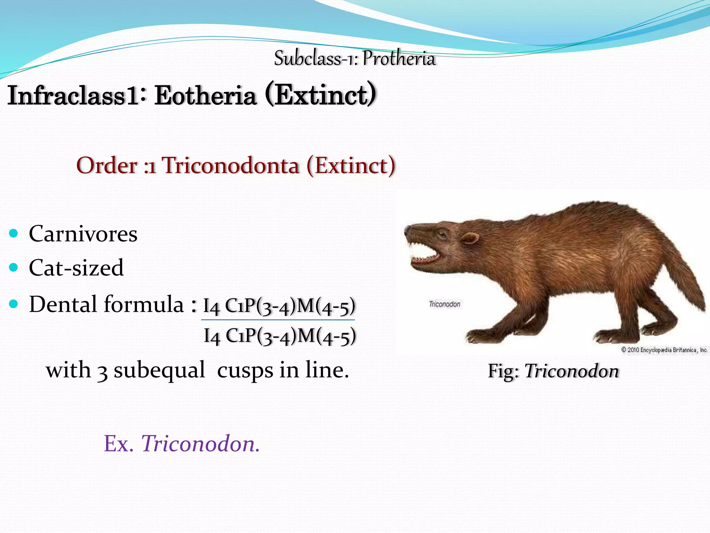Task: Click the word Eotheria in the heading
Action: point(205,95)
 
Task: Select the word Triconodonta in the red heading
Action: point(231,166)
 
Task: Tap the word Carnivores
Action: point(83,234)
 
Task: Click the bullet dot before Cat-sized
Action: point(14,268)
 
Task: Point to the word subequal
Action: point(159,370)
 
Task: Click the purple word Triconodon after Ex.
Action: point(200,443)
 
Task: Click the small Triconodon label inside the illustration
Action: point(444,304)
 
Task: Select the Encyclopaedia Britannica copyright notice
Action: point(664,350)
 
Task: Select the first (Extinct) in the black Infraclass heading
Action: point(321,94)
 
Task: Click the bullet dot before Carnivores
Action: point(14,233)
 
